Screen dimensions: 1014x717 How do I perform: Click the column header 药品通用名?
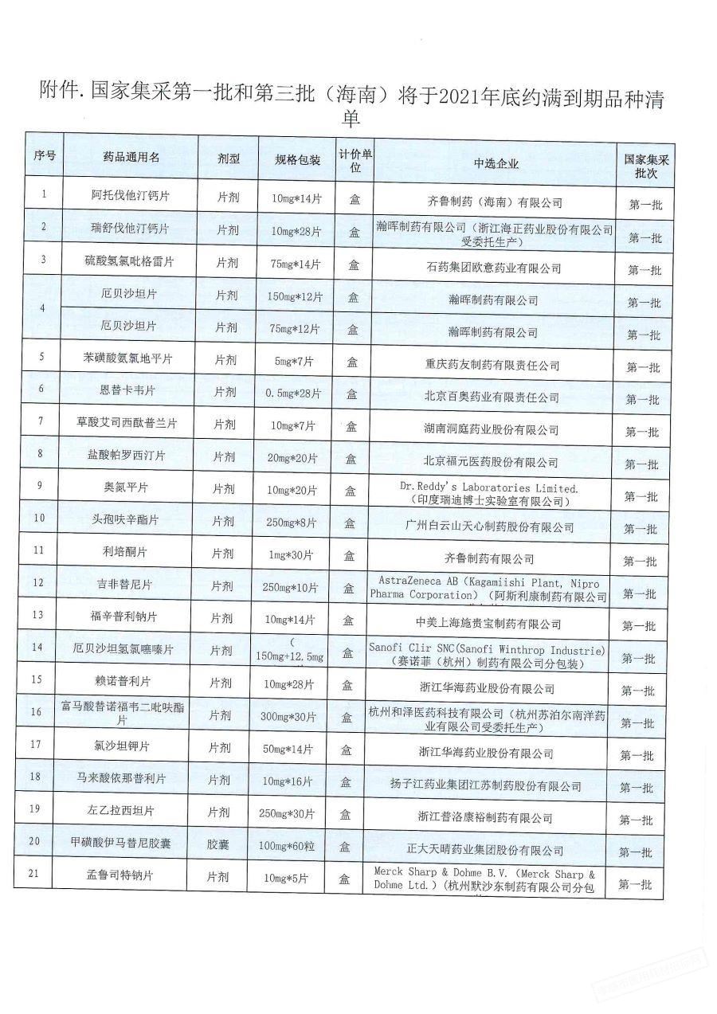click(x=131, y=158)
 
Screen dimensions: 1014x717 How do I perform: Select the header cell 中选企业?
click(x=495, y=164)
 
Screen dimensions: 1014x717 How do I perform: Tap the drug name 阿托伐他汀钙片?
click(x=131, y=194)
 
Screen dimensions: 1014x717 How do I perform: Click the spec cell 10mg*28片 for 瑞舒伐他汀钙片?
click(x=296, y=232)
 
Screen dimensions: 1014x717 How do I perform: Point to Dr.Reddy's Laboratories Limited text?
click(x=488, y=486)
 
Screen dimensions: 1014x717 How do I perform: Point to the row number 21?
click(x=35, y=874)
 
